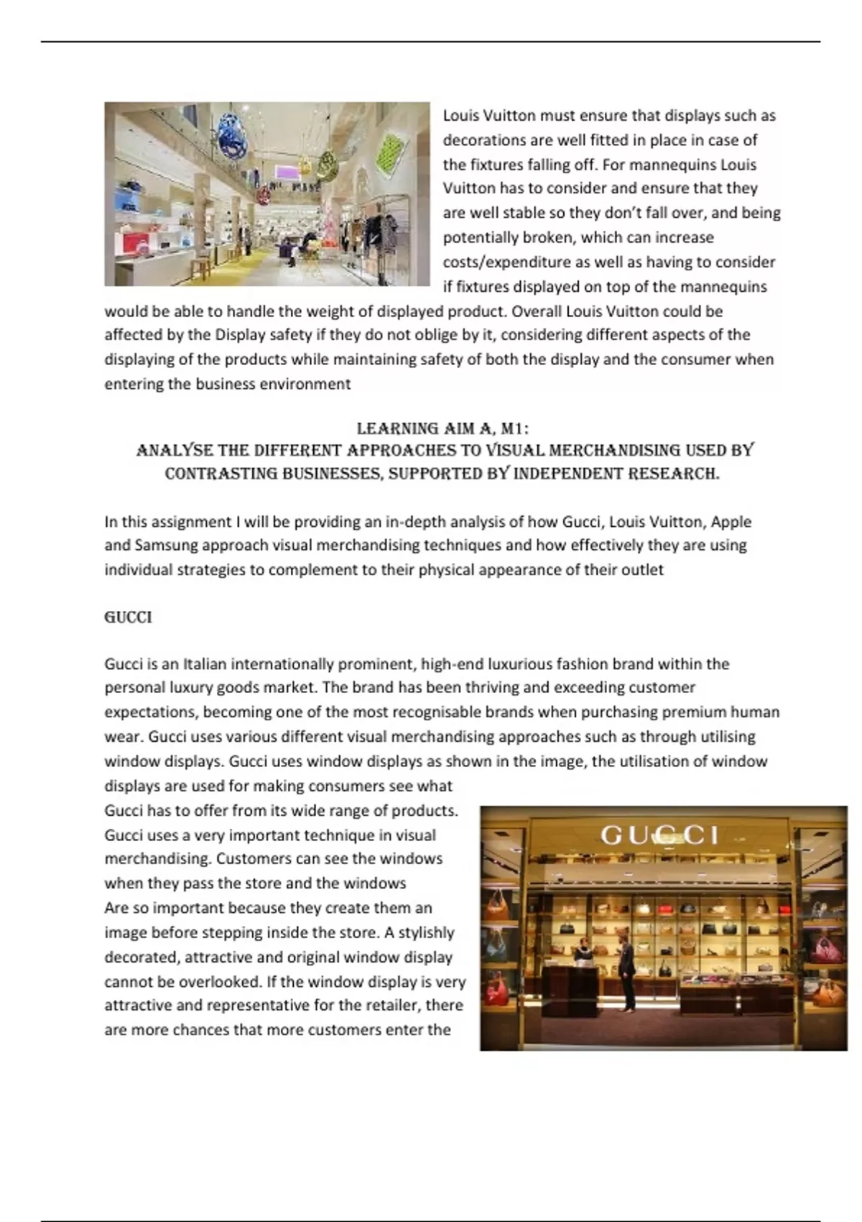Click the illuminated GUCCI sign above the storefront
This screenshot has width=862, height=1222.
(x=659, y=835)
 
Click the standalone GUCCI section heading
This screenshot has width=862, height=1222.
(x=128, y=617)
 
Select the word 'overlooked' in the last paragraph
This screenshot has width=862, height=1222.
(x=219, y=981)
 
